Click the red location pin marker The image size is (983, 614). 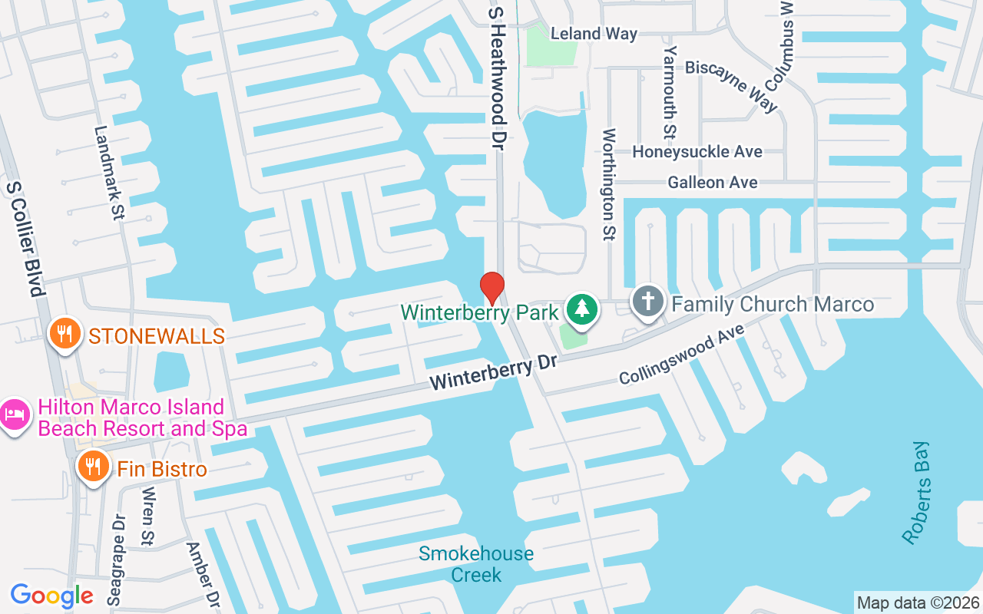click(x=491, y=288)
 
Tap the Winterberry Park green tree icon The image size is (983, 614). click(x=582, y=309)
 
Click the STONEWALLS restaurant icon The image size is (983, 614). click(x=65, y=334)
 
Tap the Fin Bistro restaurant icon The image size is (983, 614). click(x=93, y=466)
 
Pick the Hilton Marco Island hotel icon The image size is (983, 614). click(x=13, y=414)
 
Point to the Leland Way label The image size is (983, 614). click(x=594, y=34)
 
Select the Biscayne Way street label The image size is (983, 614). click(x=731, y=84)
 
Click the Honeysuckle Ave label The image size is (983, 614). click(x=697, y=152)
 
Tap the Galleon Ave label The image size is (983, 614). click(x=712, y=183)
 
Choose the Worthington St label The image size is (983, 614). click(x=609, y=184)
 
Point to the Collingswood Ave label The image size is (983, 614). click(x=682, y=355)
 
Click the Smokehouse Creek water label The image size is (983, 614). click(x=476, y=564)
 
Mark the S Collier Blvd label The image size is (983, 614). click(x=23, y=239)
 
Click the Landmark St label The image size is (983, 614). click(x=108, y=173)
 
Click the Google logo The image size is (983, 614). click(x=51, y=595)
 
